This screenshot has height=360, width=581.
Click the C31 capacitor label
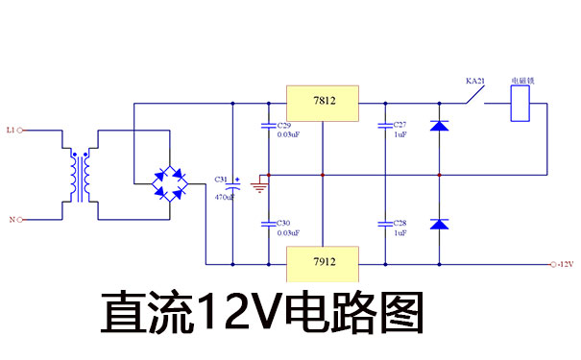click(221, 180)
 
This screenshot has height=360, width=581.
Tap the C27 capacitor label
click(399, 126)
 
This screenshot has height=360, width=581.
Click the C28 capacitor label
click(399, 223)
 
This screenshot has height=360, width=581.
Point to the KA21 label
click(476, 82)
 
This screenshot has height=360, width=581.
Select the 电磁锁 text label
click(521, 82)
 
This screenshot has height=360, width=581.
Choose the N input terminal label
click(12, 220)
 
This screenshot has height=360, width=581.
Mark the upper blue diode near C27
click(439, 126)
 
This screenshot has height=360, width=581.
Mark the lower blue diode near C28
click(439, 224)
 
